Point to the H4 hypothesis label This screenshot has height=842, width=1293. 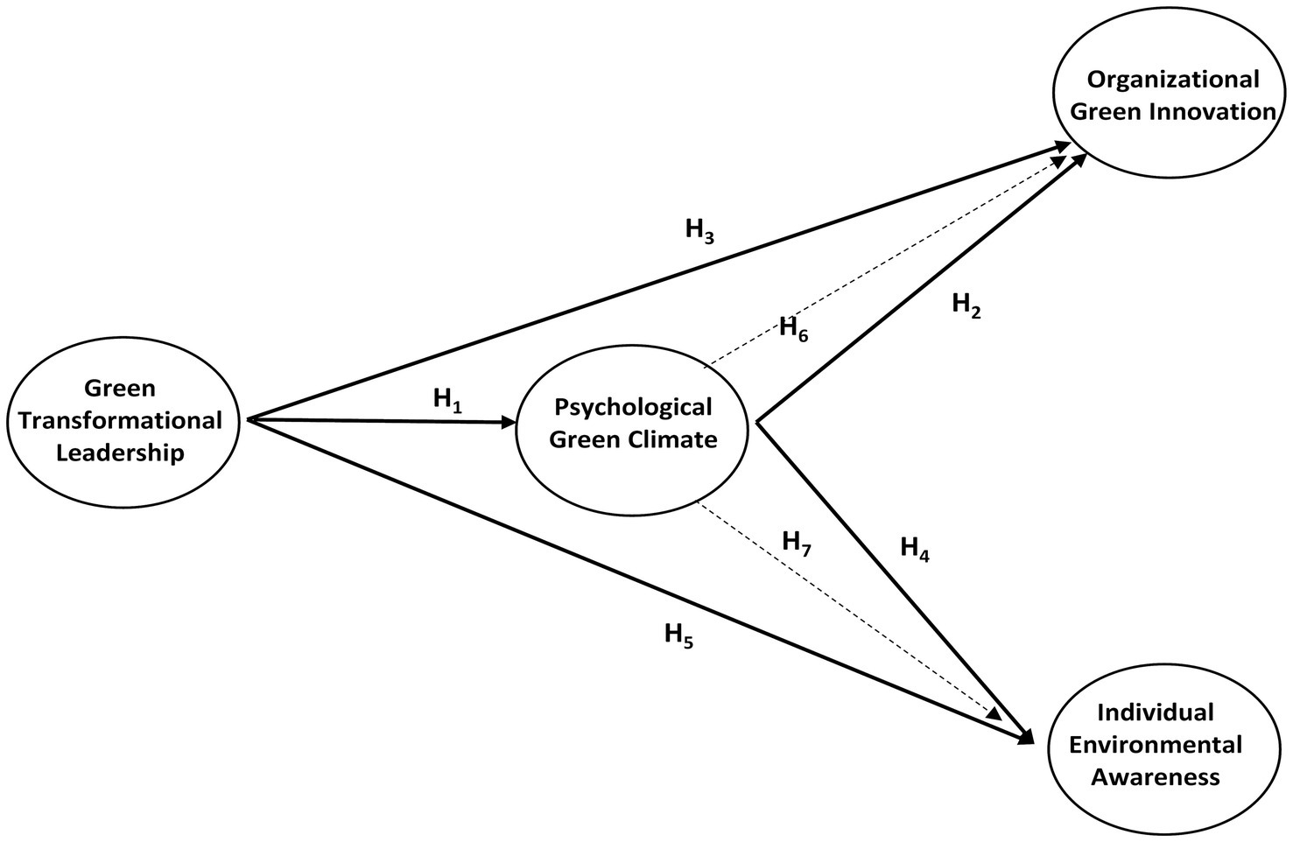pos(914,549)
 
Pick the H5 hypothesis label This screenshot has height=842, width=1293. pos(678,634)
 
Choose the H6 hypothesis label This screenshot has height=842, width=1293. pos(793,329)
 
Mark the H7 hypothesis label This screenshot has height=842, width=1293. pos(797,543)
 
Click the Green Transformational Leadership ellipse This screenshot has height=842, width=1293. pos(121,421)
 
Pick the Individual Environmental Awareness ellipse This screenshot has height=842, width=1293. pos(1156,745)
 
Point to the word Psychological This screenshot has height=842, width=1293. pos(632,407)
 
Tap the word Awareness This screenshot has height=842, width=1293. pos(1156,776)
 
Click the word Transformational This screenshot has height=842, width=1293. pos(121,421)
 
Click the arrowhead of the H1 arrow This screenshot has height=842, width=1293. pos(509,423)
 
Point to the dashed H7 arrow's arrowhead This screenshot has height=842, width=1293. pos(995,713)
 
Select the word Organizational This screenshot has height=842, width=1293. pos(1172,80)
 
